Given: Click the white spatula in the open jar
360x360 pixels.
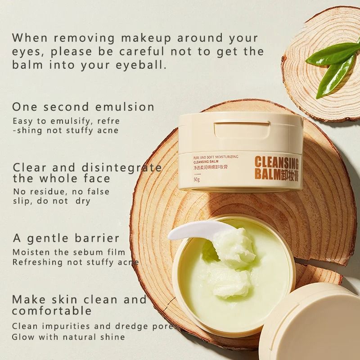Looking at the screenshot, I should (x=189, y=232).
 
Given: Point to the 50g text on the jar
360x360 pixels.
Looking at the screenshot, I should (x=196, y=180).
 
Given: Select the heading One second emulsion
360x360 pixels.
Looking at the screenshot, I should (x=83, y=107).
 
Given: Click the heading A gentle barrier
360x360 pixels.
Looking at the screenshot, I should (x=66, y=238).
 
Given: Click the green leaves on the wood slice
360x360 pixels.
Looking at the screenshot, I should (x=333, y=66).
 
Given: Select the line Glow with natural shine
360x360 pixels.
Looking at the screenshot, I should (x=68, y=337).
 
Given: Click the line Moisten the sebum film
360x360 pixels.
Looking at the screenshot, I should (x=68, y=252).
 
